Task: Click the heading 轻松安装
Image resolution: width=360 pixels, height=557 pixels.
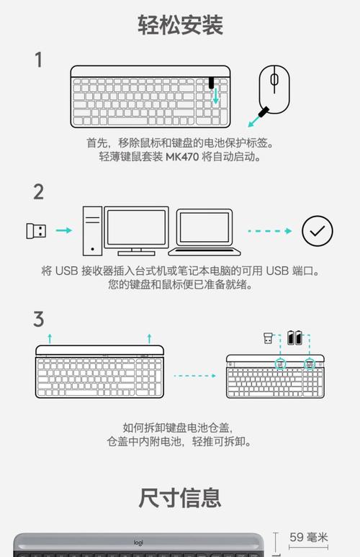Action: (x=180, y=25)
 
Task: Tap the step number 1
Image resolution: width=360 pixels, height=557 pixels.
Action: (x=39, y=60)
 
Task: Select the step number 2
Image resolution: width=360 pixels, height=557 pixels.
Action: (x=39, y=192)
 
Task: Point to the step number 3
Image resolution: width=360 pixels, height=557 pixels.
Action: (x=39, y=319)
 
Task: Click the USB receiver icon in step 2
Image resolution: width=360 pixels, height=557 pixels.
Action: (x=36, y=231)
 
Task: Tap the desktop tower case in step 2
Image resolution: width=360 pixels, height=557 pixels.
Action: (x=91, y=230)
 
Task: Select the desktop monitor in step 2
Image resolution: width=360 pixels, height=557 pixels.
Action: (x=136, y=229)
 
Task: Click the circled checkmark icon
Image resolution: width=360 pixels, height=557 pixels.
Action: (x=317, y=231)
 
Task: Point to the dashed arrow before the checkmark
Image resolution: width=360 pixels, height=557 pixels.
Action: (x=270, y=231)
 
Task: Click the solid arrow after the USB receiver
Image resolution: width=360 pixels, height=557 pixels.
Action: (x=64, y=231)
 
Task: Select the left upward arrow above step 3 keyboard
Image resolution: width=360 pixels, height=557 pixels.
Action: (x=49, y=338)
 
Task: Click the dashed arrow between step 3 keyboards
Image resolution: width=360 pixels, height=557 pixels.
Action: (x=194, y=375)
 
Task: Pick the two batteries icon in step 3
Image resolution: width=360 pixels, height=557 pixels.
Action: (x=295, y=338)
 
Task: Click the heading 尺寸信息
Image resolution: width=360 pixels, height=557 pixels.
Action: (x=180, y=497)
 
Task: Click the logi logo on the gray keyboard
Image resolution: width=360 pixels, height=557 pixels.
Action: (x=138, y=543)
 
